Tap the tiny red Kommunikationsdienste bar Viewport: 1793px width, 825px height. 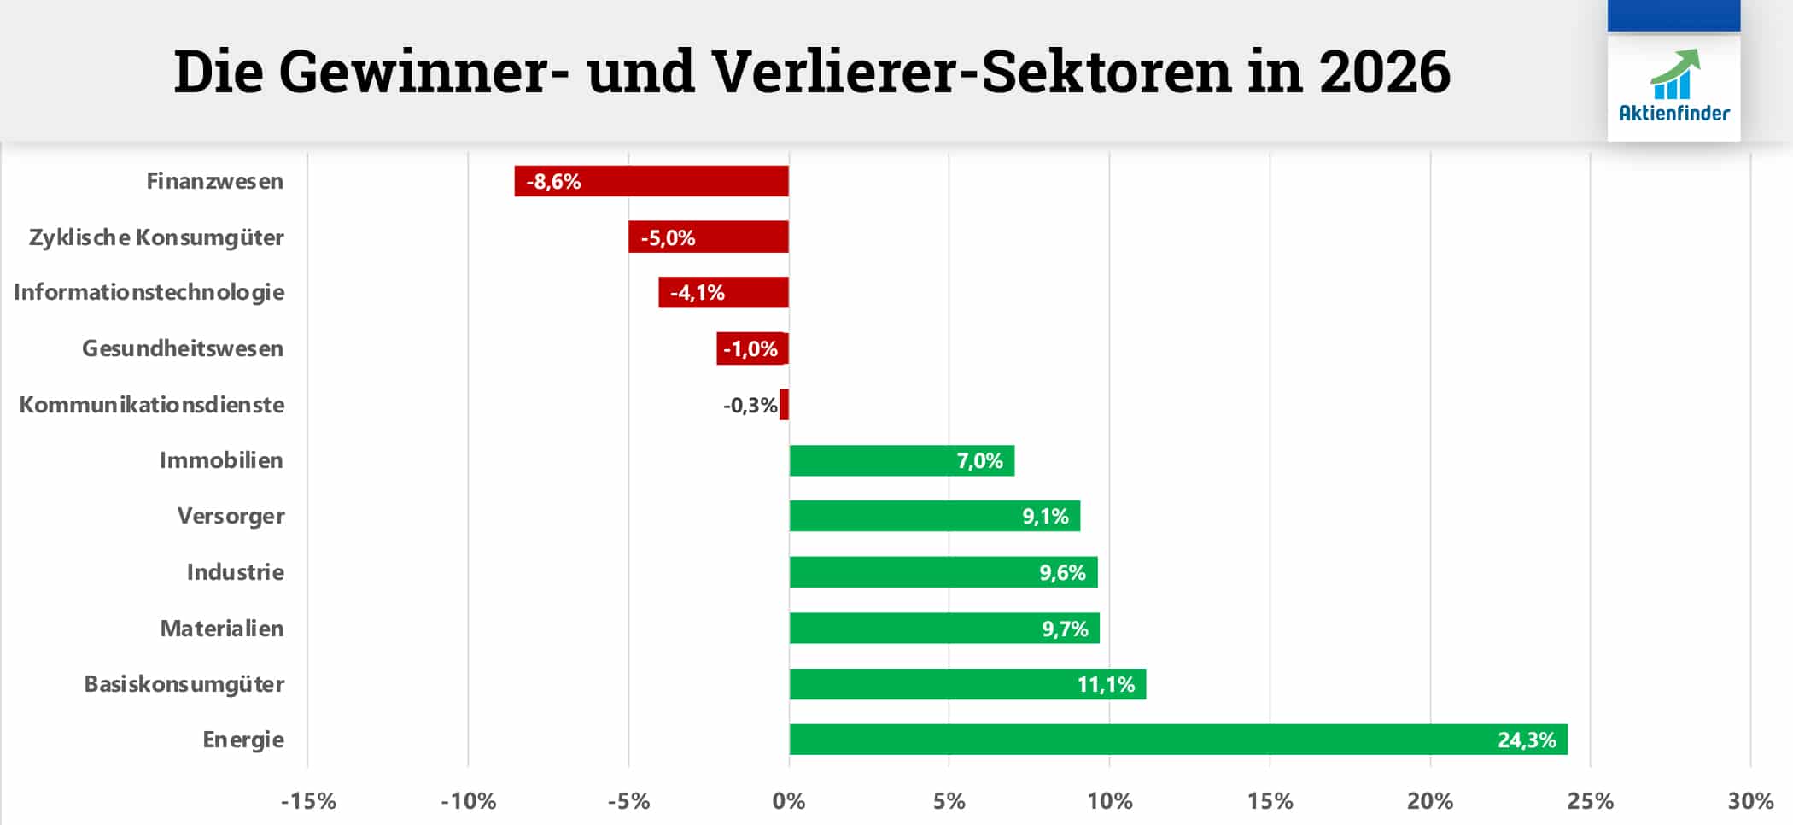pyautogui.click(x=784, y=405)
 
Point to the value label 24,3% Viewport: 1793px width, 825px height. pyautogui.click(x=1527, y=740)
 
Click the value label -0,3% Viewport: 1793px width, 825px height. pyautogui.click(x=750, y=405)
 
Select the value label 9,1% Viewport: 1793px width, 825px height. pyautogui.click(x=1045, y=517)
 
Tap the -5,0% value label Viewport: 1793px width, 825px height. pyautogui.click(x=668, y=237)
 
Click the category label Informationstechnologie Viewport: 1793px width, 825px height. pyautogui.click(x=149, y=292)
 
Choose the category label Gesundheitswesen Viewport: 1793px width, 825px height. pyautogui.click(x=183, y=348)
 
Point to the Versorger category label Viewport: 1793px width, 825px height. pyautogui.click(x=231, y=516)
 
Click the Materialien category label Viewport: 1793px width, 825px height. pyautogui.click(x=222, y=629)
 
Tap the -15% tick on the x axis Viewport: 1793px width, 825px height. pyautogui.click(x=308, y=801)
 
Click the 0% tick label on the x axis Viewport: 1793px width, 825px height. pyautogui.click(x=789, y=801)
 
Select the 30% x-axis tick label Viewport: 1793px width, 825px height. pyautogui.click(x=1750, y=801)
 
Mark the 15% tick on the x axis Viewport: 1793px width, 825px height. pyautogui.click(x=1270, y=801)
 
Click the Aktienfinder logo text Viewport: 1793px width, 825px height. pyautogui.click(x=1673, y=113)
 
